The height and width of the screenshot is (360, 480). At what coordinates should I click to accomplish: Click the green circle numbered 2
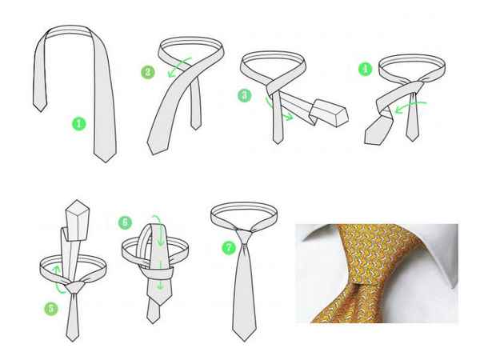click(148, 72)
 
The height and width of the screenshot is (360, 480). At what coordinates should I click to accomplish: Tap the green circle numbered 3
click(245, 95)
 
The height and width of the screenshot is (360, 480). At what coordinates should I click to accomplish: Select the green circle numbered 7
click(229, 247)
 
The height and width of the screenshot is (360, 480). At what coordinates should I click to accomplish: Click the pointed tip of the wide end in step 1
click(106, 162)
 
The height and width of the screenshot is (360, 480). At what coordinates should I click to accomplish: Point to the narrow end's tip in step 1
click(40, 111)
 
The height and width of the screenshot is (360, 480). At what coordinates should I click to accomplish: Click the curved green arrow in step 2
click(178, 66)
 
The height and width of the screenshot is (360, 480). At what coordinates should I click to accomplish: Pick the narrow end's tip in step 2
click(196, 129)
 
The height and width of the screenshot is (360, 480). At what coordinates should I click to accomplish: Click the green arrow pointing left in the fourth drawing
click(410, 106)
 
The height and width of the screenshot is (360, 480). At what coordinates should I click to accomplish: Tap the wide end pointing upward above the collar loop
click(78, 221)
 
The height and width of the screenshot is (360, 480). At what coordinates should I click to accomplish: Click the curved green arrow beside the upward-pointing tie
click(58, 279)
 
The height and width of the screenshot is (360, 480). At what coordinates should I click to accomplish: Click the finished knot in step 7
click(244, 237)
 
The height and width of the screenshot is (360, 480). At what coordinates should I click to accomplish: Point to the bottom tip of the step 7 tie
click(244, 341)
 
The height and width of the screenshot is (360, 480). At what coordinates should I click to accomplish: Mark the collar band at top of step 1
click(69, 30)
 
